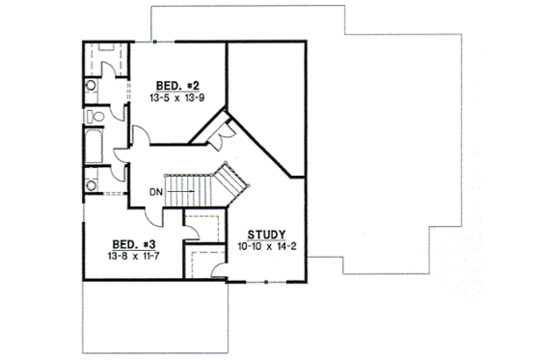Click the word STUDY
264,235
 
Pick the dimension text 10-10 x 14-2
264,246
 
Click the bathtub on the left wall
94,149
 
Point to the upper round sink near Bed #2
92,85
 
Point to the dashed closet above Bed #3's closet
203,226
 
